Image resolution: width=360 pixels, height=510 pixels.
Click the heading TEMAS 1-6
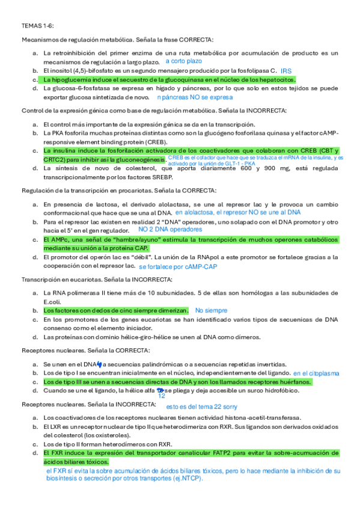[x=38, y=26]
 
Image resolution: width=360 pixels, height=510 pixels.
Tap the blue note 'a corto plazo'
[x=183, y=61]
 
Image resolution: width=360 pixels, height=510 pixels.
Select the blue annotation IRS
[x=285, y=71]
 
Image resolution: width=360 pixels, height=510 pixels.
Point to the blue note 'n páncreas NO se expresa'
[x=194, y=97]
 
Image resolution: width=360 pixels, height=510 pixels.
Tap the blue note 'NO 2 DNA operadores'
[x=170, y=229]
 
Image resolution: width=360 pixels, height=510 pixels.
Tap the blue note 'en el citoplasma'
[x=316, y=373]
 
